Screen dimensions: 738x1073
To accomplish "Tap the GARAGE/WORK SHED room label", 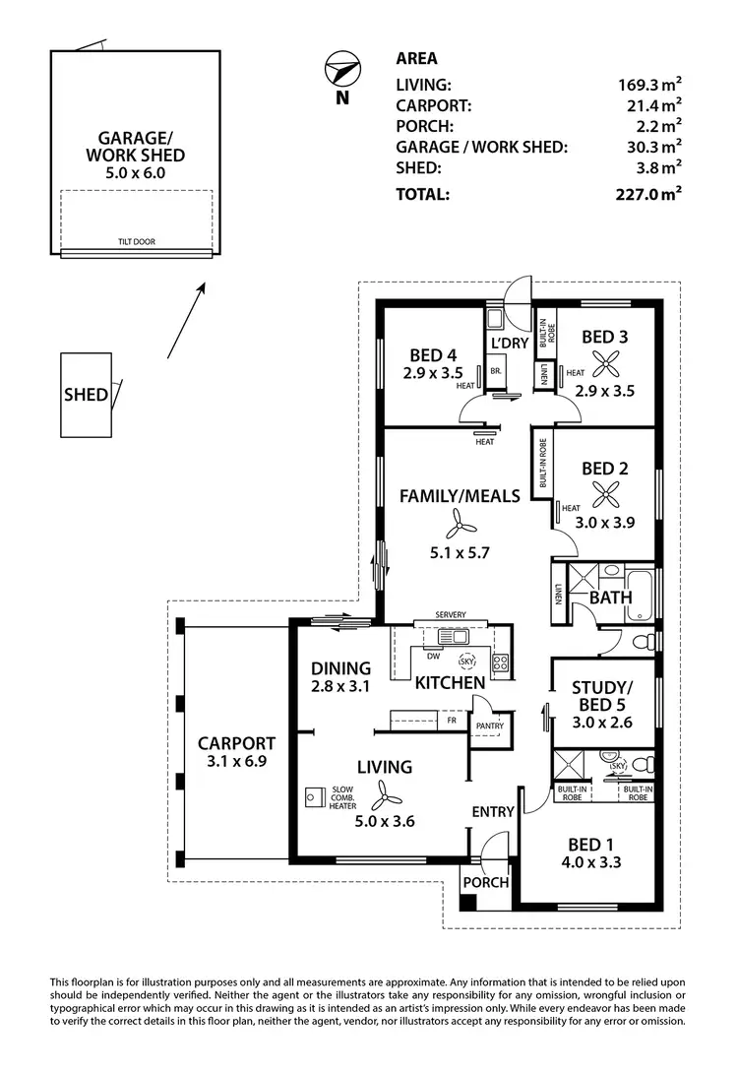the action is (135, 147).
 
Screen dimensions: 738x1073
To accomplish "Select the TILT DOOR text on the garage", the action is (136, 242).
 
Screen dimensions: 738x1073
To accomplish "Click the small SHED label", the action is (86, 396).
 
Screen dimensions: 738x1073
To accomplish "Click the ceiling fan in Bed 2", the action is (599, 495).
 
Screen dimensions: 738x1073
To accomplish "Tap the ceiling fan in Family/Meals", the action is (459, 522).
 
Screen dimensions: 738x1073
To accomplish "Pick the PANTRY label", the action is (489, 726).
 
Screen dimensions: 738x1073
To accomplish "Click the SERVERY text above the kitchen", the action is (450, 615).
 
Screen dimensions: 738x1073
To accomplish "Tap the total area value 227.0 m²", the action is (647, 194).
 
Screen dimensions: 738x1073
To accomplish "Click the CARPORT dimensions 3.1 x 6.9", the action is (235, 763).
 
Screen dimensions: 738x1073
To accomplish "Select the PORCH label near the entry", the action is (485, 882).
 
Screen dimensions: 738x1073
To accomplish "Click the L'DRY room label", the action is (510, 343).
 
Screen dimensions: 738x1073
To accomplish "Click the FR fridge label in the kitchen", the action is (452, 720).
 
